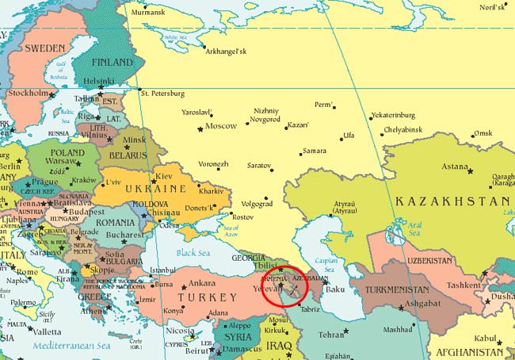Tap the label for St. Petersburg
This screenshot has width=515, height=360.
point(167,94)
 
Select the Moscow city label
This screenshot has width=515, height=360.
point(221,126)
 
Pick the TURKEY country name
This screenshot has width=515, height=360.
point(212,297)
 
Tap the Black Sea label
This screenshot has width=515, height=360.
point(194,252)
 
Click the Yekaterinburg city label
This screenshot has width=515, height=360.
point(399,115)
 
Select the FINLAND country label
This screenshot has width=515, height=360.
point(112,62)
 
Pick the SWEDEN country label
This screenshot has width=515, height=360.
point(44,48)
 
